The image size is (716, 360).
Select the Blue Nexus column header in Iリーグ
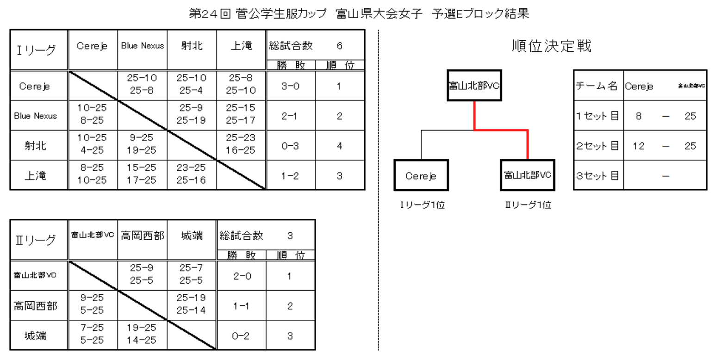pos(143,46)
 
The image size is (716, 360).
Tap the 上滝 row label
pos(35,175)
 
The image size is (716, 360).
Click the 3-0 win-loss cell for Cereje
pos(291,86)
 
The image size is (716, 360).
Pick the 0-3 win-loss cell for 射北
pos(291,146)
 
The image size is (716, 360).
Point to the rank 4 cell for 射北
pos(339,146)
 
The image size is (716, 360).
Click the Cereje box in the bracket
pos(421,175)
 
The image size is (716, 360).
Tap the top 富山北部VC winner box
pos(474,85)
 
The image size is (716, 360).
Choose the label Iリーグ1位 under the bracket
pos(421,205)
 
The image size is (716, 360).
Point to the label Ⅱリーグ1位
pos(527,205)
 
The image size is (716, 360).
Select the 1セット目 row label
pos(598,116)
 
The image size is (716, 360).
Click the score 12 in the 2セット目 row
pos(638,146)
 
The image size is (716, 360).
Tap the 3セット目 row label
pos(598,176)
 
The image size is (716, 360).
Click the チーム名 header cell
pos(598,86)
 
